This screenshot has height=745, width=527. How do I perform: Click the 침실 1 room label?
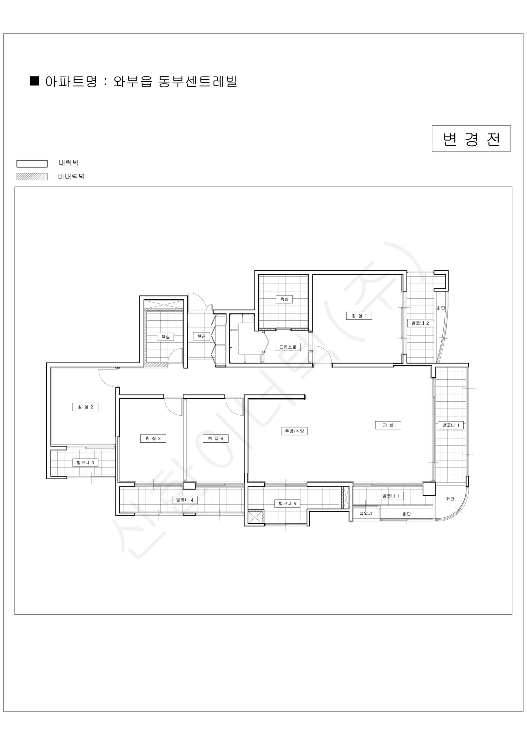359,316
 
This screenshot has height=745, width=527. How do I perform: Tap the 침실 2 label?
85,407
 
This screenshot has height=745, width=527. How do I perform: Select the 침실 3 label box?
153,438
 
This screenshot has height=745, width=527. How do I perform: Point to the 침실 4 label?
216,438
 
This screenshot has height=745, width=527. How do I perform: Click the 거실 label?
388,425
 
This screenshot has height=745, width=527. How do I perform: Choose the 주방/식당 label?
295,431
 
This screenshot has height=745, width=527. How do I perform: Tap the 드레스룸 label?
288,347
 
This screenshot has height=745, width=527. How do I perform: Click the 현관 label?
201,336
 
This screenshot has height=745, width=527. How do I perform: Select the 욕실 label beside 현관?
165,337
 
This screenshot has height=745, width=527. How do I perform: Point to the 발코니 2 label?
420,323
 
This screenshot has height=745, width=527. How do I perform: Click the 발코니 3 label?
85,463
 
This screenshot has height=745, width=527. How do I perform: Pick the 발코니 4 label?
185,500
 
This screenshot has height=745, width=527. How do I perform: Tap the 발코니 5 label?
287,503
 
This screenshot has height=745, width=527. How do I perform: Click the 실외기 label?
366,514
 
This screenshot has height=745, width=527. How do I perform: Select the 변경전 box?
471,138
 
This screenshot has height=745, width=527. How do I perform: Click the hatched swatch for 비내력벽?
32,177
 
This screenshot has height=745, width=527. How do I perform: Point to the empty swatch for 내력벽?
32,164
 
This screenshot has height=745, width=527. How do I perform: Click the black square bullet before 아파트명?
34,81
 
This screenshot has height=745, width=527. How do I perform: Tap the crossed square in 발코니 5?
256,517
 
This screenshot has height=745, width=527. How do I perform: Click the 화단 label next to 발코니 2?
441,308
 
